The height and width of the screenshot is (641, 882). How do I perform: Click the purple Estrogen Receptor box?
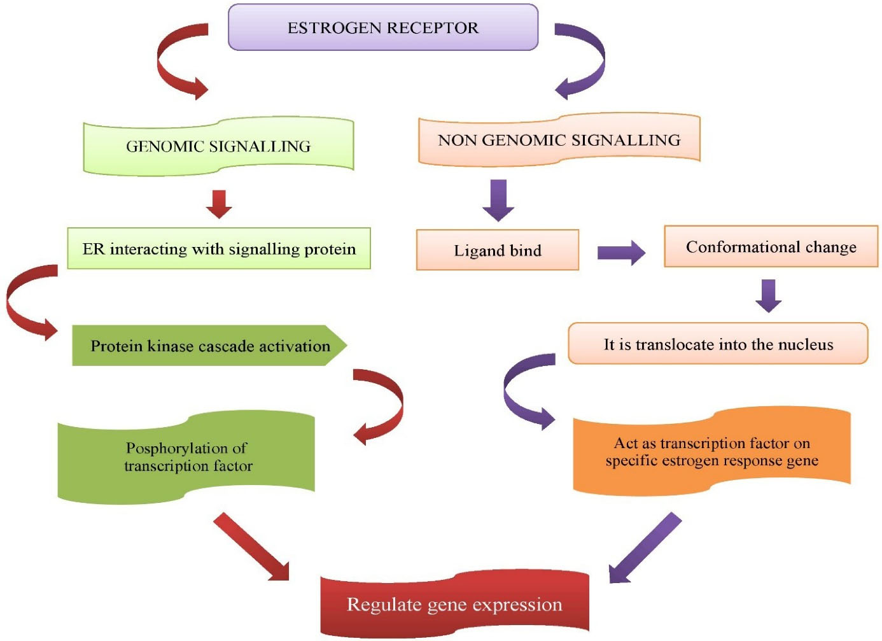coord(382,27)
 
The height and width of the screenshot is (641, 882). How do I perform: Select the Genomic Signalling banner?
coord(218,146)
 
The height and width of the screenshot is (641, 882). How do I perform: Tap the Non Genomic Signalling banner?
coord(559,140)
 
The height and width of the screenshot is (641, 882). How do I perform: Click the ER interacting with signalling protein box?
coord(219,249)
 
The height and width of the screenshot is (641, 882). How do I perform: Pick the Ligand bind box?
coord(497,250)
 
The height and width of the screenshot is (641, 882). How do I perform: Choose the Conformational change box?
coord(771,246)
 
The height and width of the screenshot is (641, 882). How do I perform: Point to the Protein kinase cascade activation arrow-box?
coord(209,346)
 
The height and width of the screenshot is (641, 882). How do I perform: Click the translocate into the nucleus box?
coord(718,344)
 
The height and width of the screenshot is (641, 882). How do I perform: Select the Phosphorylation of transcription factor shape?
coord(186,456)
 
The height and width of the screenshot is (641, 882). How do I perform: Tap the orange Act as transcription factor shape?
coord(711,452)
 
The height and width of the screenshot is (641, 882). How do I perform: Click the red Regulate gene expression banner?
coord(454,603)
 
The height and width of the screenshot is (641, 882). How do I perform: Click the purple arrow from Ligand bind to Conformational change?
coord(621,253)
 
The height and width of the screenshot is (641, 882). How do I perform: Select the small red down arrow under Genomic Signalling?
coord(219,204)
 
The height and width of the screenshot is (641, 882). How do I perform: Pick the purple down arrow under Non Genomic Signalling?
coord(498,200)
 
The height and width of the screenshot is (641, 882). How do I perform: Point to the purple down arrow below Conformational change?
coord(769,295)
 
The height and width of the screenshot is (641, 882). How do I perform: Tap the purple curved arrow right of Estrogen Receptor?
coord(585,62)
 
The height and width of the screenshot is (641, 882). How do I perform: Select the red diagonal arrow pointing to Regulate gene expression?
coord(251,547)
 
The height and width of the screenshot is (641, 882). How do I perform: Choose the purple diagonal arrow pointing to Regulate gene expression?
coord(645,548)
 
